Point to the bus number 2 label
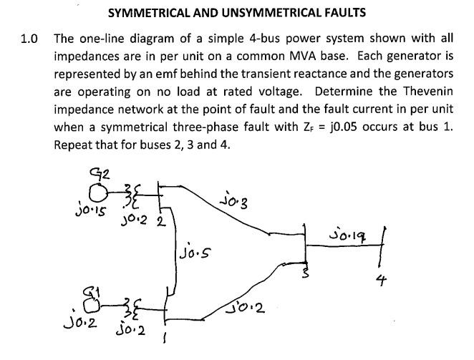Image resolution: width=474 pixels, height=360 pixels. (162, 221)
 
